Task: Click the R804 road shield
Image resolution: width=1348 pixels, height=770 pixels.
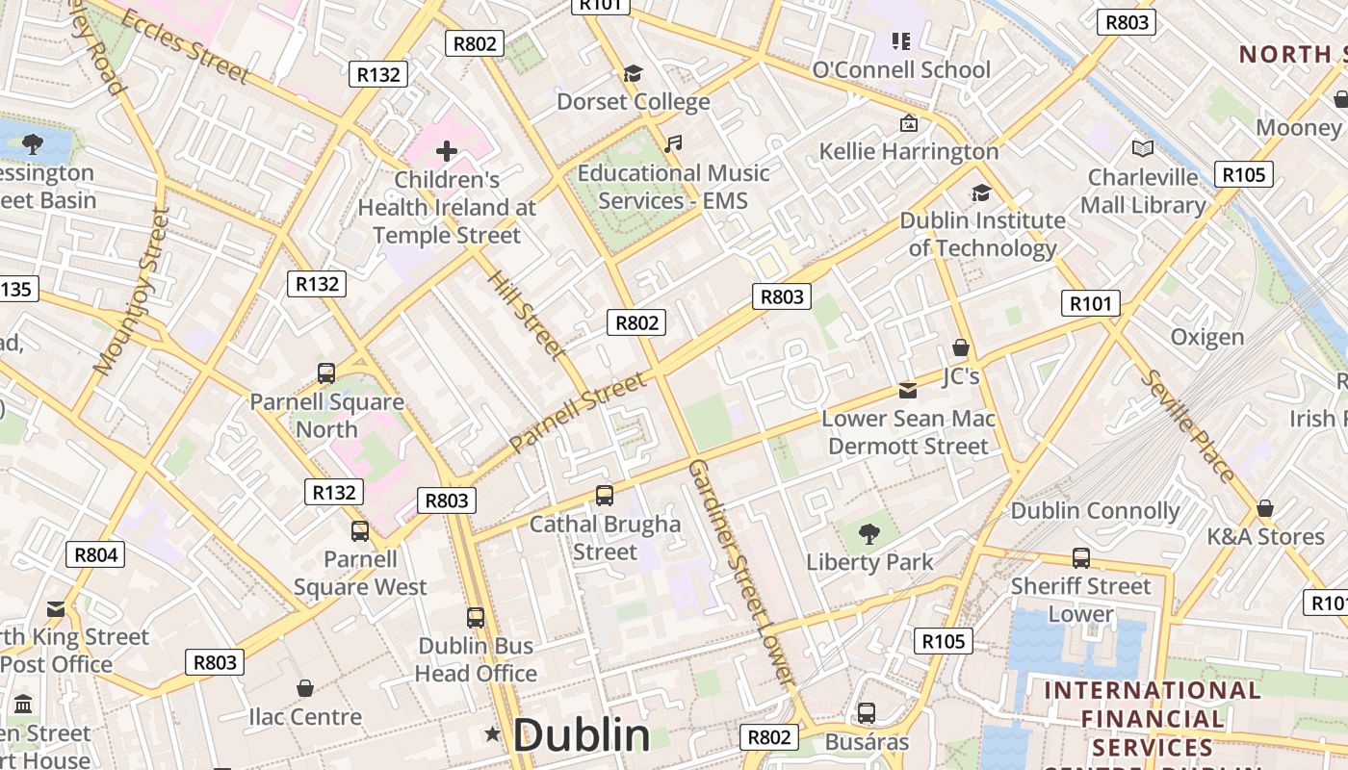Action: click(x=95, y=554)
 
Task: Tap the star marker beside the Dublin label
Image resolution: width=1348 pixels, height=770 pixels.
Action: click(x=493, y=734)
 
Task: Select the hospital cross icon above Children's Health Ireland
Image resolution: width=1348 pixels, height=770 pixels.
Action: click(x=447, y=150)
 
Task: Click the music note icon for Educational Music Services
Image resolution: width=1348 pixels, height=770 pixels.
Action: click(x=673, y=144)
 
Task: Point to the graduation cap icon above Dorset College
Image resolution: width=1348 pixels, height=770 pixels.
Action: click(x=633, y=73)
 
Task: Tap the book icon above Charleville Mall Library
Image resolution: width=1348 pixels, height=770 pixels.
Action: click(x=1143, y=148)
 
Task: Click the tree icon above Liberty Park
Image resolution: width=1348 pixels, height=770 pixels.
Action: click(x=869, y=533)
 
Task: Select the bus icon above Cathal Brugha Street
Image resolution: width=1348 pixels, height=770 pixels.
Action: click(x=605, y=496)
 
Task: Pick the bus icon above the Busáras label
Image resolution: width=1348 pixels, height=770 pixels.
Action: click(x=867, y=713)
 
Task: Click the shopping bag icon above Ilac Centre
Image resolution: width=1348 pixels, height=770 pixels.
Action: click(x=305, y=688)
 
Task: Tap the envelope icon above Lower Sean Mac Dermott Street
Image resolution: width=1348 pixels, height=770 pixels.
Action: click(x=908, y=391)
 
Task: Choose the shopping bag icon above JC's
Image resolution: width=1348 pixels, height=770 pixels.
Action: click(x=960, y=347)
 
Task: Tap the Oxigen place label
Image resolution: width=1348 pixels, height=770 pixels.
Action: click(x=1207, y=337)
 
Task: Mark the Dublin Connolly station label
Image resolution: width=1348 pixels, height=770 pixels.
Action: click(x=1095, y=511)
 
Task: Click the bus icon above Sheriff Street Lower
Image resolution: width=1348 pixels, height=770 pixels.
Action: click(x=1081, y=557)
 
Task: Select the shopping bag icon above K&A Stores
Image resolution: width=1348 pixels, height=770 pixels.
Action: click(x=1265, y=507)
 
